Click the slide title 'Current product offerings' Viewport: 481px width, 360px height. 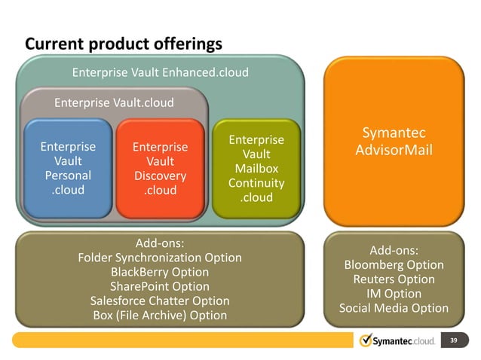[124, 44]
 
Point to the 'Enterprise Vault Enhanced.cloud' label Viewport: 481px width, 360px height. [160, 73]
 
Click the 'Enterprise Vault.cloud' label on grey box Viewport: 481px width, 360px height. [114, 102]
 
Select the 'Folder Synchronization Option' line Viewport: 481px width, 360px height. [160, 258]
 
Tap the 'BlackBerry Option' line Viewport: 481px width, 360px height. [160, 272]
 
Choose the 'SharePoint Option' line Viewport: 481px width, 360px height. [160, 286]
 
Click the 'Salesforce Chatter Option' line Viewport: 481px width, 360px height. [160, 301]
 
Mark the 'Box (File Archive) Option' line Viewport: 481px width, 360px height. [160, 315]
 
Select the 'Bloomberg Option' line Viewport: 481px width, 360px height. [394, 265]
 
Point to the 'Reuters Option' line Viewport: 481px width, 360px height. [394, 279]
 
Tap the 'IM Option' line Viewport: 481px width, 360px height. [394, 294]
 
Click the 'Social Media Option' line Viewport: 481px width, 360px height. [394, 308]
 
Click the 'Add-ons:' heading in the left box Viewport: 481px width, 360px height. [160, 243]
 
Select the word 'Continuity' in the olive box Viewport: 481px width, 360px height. [256, 183]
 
